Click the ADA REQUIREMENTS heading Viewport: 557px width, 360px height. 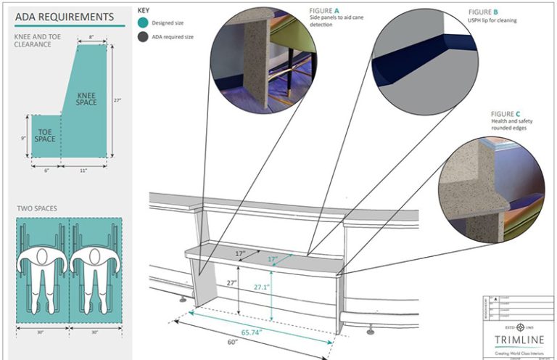coord(64,17)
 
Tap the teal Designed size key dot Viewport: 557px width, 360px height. coord(143,23)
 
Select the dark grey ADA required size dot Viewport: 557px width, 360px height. coord(143,36)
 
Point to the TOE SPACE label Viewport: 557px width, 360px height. coord(45,135)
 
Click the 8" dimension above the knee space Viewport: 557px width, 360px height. coord(91,36)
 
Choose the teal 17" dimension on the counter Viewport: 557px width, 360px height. coord(273,259)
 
